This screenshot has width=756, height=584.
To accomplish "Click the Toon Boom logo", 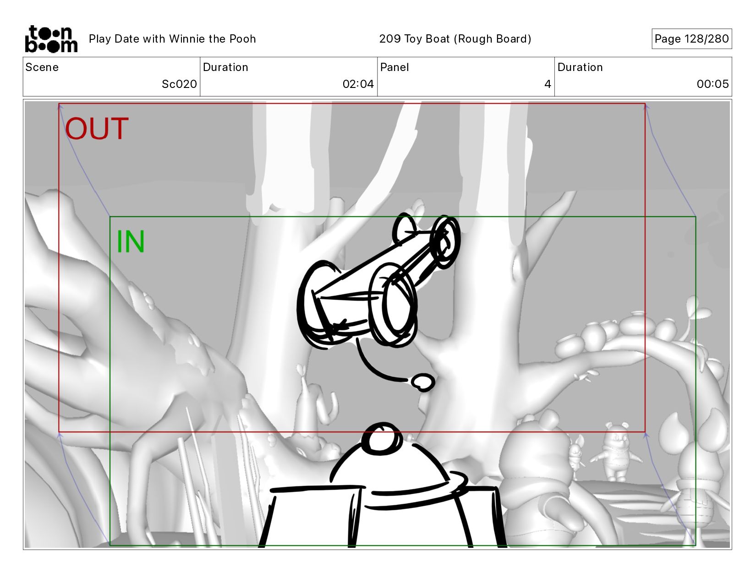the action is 51,39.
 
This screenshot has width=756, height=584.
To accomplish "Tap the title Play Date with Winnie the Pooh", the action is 172,39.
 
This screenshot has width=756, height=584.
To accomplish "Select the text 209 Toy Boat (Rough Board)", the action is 455,39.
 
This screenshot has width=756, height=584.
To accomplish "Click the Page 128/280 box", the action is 691,38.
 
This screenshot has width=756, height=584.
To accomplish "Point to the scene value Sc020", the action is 179,84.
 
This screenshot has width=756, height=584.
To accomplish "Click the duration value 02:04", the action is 358,84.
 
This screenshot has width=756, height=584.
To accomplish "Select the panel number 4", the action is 547,84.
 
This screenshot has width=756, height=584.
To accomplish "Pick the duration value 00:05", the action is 712,84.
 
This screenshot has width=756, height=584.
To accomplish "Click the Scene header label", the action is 42,67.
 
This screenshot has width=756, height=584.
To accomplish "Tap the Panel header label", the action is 394,67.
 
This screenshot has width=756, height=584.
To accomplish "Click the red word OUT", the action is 97,128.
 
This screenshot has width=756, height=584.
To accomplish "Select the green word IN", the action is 131,241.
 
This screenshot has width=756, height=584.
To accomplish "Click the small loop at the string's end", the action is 423,382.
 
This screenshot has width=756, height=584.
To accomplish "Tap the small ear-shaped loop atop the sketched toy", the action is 404,228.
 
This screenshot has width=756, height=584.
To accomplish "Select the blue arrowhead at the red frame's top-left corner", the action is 60,106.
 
